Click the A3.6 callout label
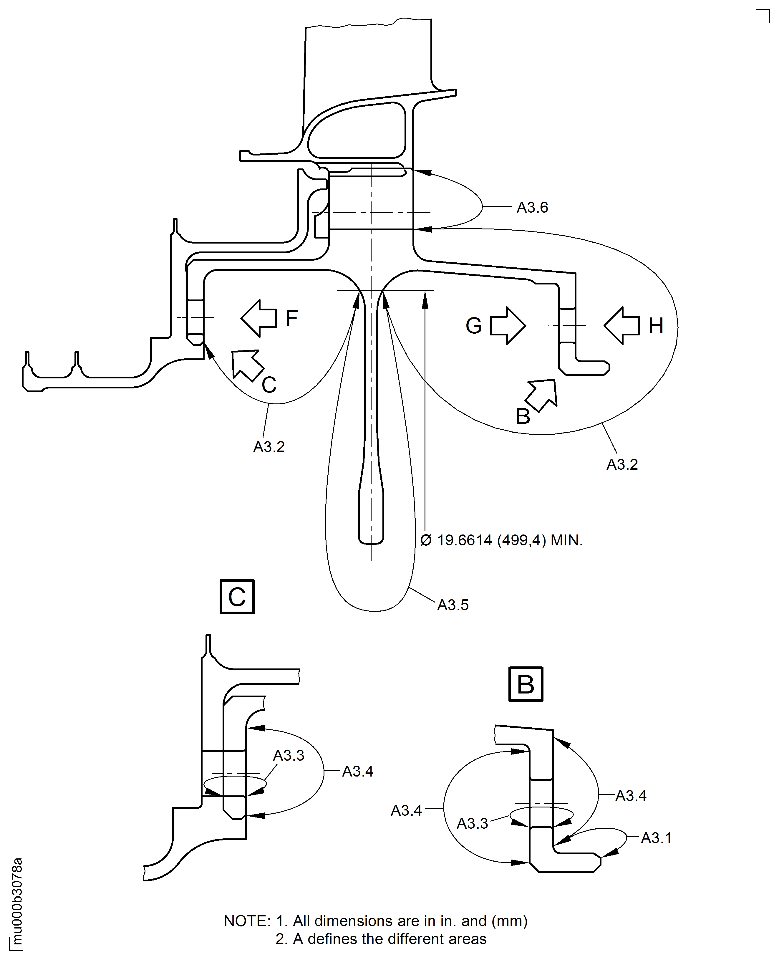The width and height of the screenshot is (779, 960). [532, 207]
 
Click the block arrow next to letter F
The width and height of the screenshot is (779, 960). [259, 318]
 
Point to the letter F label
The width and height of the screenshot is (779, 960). [292, 319]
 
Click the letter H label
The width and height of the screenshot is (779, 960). [656, 326]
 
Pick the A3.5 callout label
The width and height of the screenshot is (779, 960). [453, 605]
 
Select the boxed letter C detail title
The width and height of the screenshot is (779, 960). [237, 597]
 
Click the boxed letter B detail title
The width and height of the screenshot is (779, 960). [526, 684]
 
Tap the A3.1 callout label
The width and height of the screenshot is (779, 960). [656, 838]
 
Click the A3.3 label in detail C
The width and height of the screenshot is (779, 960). [289, 755]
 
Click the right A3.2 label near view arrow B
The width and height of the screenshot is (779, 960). [622, 464]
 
